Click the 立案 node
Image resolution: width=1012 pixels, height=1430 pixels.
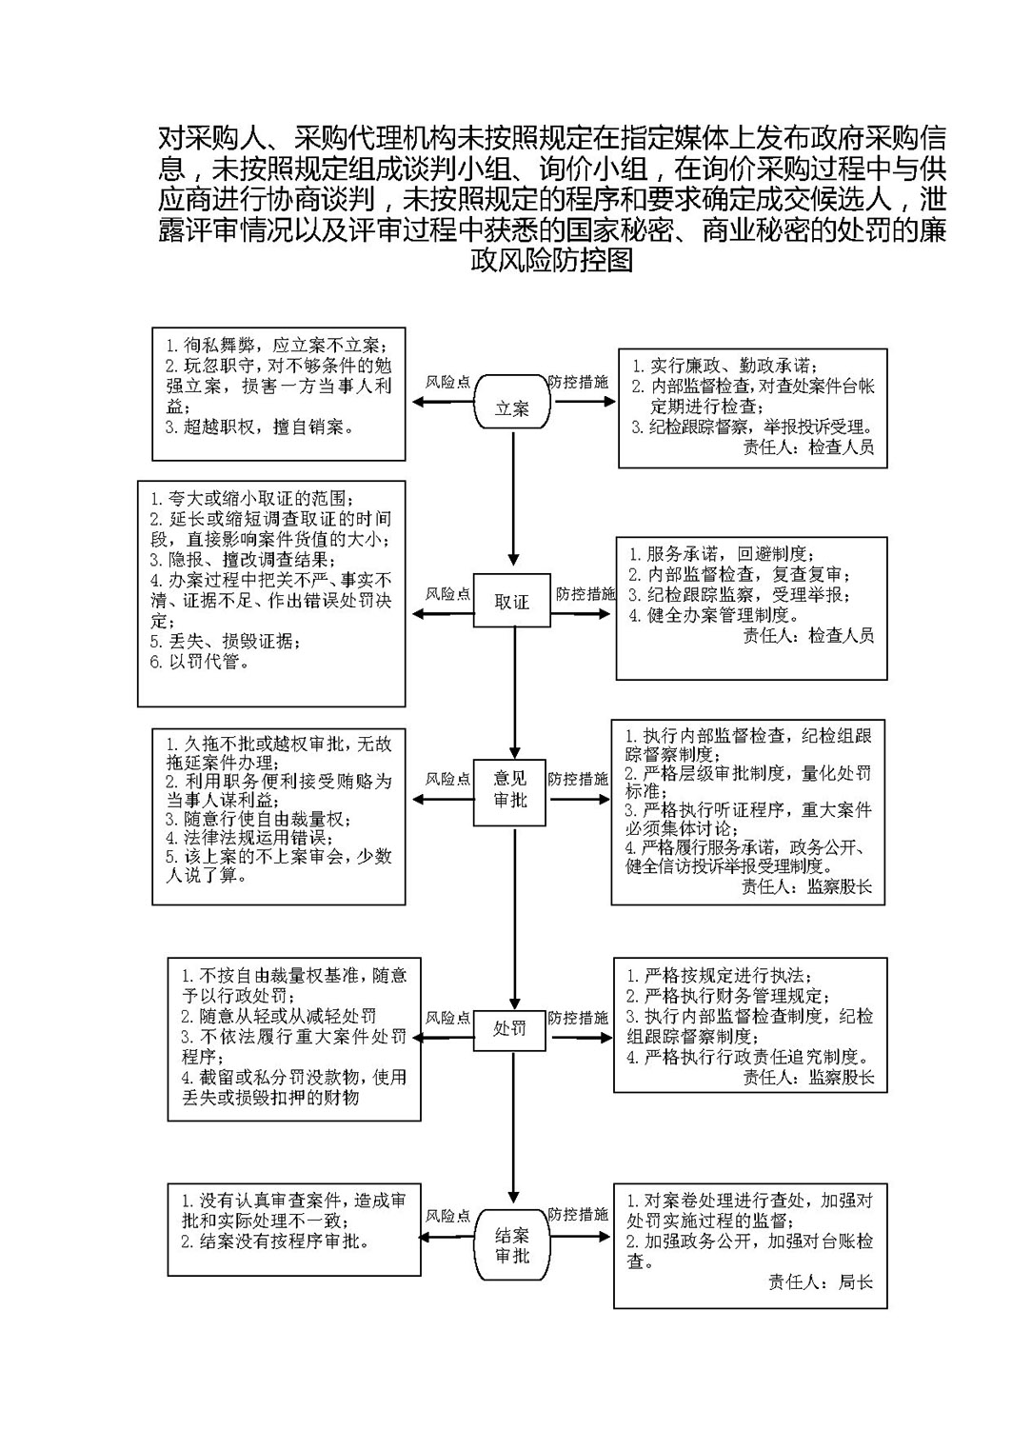(x=511, y=402)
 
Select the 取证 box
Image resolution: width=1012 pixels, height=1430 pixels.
(x=511, y=600)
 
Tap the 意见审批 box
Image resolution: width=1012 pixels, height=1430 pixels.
(x=509, y=792)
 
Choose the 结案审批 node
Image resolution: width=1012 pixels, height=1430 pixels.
(x=512, y=1244)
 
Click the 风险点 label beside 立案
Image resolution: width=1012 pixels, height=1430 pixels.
(x=448, y=382)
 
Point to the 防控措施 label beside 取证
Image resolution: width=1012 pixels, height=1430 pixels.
(x=585, y=594)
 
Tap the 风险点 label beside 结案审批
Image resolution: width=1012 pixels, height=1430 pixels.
(x=448, y=1216)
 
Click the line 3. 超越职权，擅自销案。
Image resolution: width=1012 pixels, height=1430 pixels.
(x=260, y=427)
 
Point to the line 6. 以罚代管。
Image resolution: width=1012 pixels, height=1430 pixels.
(x=200, y=662)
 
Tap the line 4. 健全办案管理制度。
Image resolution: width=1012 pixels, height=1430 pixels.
(x=714, y=615)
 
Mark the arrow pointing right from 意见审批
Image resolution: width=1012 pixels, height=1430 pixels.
(x=580, y=800)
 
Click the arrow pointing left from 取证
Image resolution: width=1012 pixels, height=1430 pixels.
(x=443, y=613)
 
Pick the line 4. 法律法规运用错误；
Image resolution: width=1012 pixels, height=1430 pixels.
(x=249, y=838)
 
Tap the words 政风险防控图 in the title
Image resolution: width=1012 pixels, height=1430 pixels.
(x=551, y=261)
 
